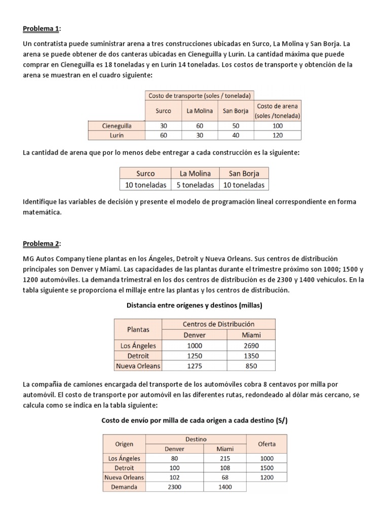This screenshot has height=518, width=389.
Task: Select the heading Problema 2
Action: (41, 244)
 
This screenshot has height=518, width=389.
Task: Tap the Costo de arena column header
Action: (278, 111)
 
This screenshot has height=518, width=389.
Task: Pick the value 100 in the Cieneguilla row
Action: (278, 126)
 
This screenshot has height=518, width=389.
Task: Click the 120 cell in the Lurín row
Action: (278, 136)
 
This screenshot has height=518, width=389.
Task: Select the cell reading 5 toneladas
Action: (195, 185)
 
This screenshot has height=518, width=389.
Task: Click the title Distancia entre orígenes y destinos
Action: (194, 305)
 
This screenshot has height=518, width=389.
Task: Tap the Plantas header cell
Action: (138, 329)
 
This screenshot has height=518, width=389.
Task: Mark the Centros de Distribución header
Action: (218, 324)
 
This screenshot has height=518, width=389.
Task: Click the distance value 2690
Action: (251, 346)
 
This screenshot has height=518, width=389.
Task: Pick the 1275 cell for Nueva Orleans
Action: (194, 366)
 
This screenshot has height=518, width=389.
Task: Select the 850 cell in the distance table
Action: (251, 366)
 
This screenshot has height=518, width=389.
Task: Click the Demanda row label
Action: (124, 487)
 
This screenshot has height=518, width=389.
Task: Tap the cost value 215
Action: (225, 458)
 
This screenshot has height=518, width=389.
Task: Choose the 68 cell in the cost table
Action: (225, 477)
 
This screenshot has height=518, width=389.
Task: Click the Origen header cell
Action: (124, 444)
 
